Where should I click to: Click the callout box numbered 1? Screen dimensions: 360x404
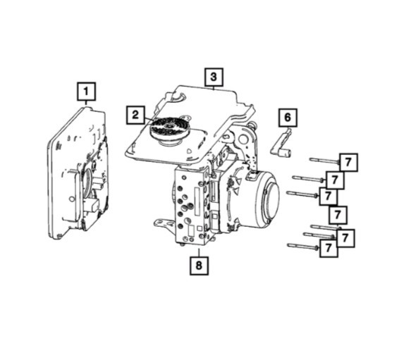(x=86, y=92)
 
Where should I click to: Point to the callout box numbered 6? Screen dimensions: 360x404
(x=288, y=116)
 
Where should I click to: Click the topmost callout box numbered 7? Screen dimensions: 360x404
(x=348, y=162)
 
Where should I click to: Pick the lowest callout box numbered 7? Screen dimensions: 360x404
(x=329, y=248)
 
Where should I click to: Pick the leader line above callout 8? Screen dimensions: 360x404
(x=200, y=252)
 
